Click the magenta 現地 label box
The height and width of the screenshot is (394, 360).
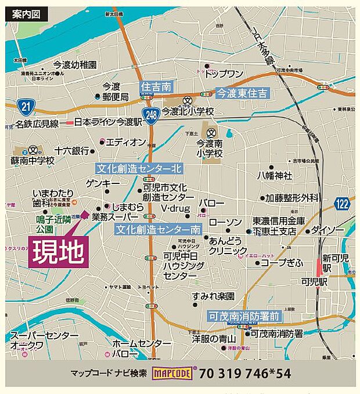58,252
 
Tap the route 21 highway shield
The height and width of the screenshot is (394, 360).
27,106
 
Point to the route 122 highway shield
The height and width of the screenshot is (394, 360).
342,203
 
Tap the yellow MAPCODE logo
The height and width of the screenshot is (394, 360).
173,374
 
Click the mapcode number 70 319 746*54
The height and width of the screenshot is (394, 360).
244,374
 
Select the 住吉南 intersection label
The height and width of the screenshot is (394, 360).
156,87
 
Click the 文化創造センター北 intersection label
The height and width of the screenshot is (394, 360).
139,169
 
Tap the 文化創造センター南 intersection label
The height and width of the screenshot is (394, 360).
158,229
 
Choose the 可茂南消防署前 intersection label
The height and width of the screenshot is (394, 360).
244,316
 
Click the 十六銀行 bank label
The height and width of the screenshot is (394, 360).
71,150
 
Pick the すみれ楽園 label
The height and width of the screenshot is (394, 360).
214,296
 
